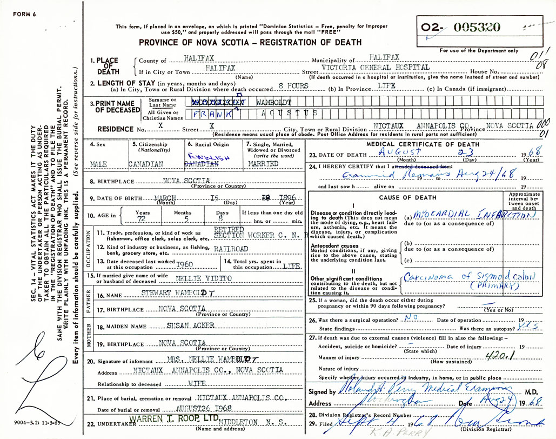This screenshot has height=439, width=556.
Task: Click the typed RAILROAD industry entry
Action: coord(231,249)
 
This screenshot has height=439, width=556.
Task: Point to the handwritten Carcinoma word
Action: coord(426,276)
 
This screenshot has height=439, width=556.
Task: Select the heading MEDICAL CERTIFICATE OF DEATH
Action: coord(423,144)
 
